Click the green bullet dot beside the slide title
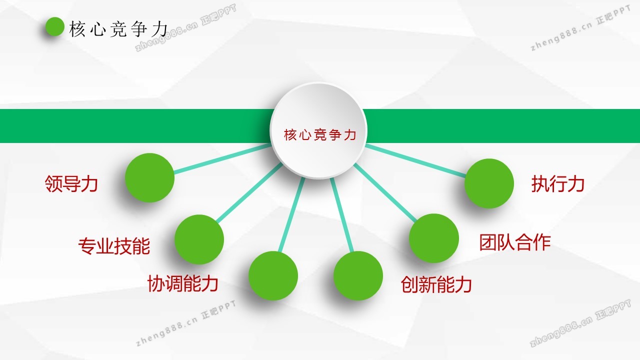click(x=55, y=27)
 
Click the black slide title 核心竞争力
click(x=118, y=29)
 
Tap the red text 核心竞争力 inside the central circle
click(x=320, y=135)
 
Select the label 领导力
click(x=71, y=183)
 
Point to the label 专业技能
click(x=114, y=245)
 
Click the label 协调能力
click(x=183, y=283)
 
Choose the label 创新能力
click(x=436, y=284)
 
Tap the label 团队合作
click(x=515, y=242)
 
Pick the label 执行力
click(x=558, y=183)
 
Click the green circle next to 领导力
click(x=149, y=177)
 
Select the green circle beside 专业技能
click(x=199, y=239)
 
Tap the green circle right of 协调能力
click(x=273, y=275)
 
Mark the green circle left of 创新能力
click(x=358, y=275)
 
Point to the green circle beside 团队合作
click(x=433, y=238)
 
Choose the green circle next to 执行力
click(x=489, y=183)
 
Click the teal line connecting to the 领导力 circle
click(x=222, y=159)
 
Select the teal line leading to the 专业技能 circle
click(x=249, y=192)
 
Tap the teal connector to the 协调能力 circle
click(x=291, y=215)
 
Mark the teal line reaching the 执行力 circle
click(x=415, y=160)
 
